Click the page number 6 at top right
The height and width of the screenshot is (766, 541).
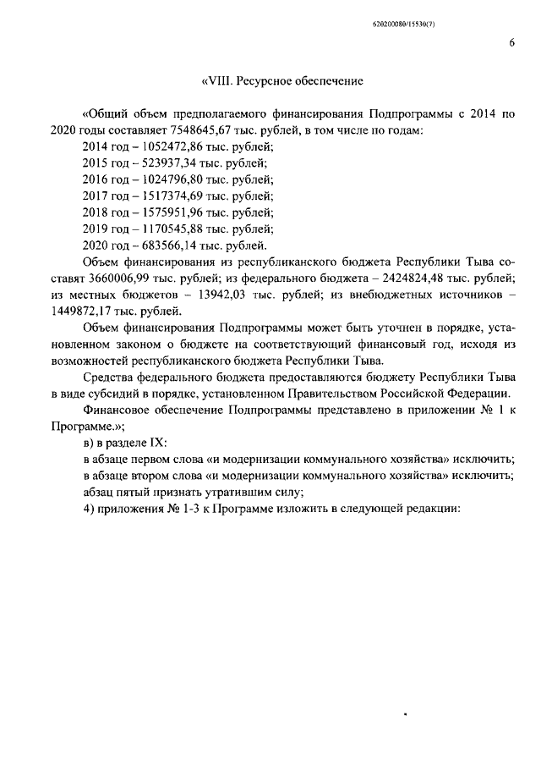512,44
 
